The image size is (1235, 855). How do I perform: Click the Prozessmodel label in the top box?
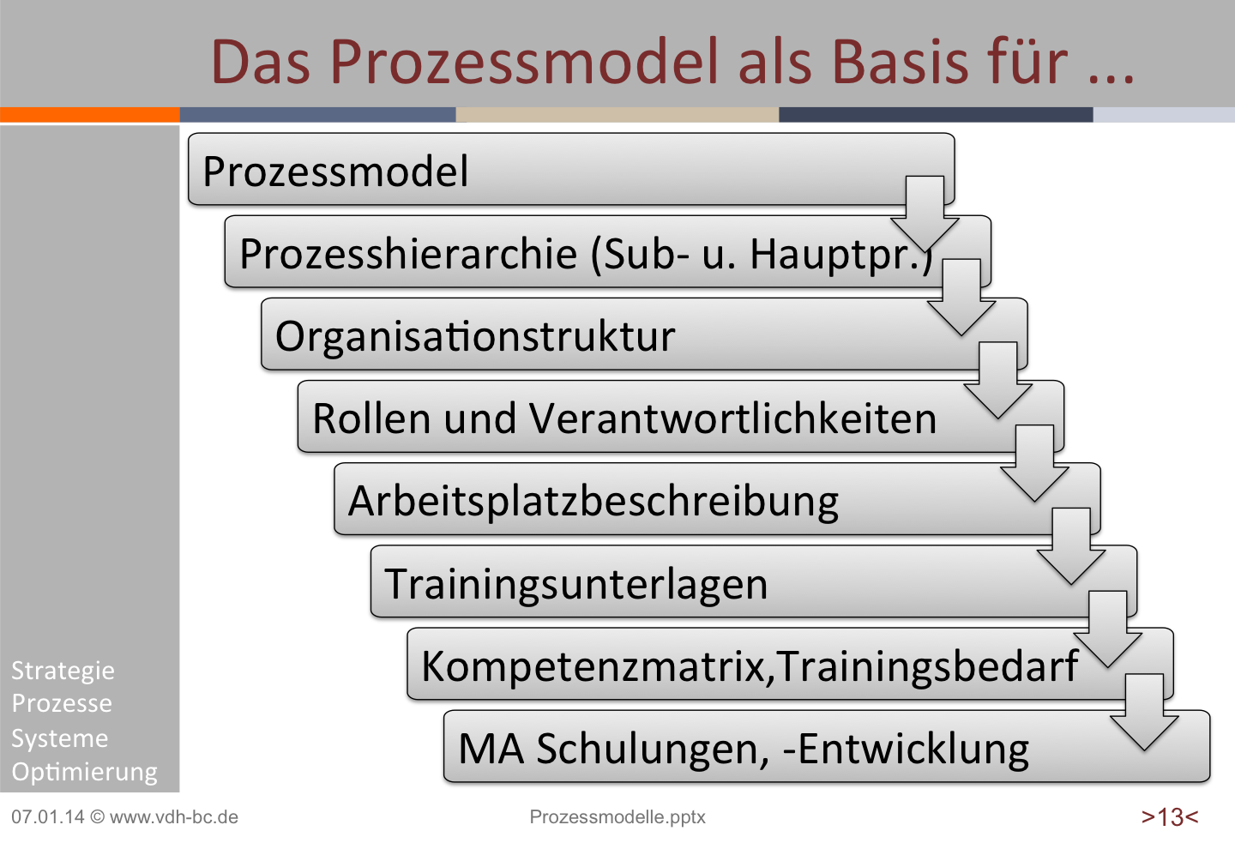point(335,171)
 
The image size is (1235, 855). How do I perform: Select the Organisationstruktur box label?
point(475,337)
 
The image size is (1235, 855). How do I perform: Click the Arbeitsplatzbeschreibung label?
point(593,503)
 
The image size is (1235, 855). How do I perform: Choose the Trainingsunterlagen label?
point(575,585)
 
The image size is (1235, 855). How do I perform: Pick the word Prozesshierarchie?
point(408,255)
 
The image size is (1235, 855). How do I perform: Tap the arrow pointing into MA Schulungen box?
point(1144,712)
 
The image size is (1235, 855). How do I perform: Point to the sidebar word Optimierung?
point(84,773)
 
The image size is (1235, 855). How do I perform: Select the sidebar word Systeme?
point(59,738)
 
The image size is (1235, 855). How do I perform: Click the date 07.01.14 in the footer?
point(48,816)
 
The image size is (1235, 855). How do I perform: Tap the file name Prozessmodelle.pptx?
point(617,817)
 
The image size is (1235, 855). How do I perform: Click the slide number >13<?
point(1170,817)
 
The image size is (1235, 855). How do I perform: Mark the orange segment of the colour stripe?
point(90,114)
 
